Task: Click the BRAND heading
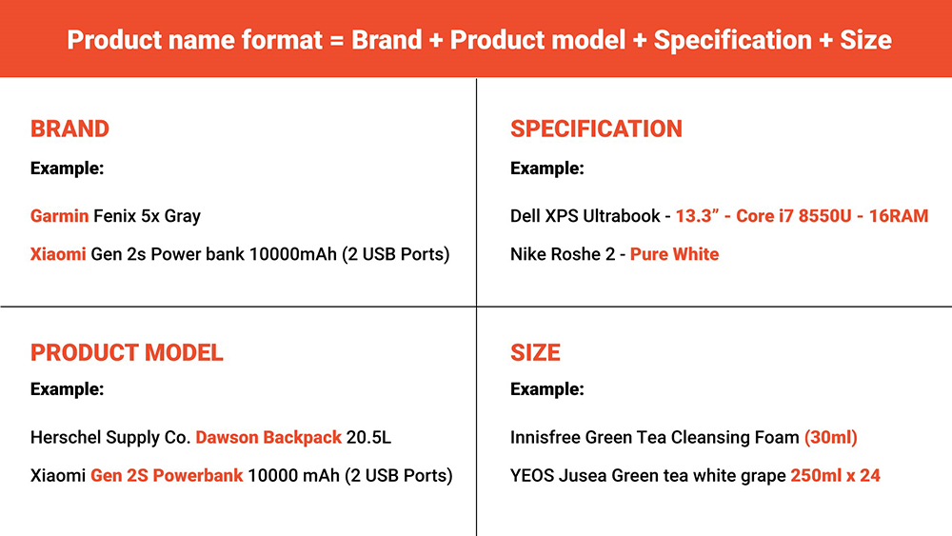tap(69, 129)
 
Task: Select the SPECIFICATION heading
tap(596, 129)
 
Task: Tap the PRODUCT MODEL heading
tap(127, 352)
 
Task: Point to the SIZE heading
tap(535, 352)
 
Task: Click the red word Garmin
tap(59, 216)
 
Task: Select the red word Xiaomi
tap(58, 254)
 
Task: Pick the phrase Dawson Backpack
tap(268, 438)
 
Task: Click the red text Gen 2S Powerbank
tap(167, 475)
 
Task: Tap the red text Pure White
tap(674, 254)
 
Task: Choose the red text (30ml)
tap(830, 438)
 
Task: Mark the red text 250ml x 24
tap(835, 475)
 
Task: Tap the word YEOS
tap(532, 475)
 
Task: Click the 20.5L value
tap(368, 438)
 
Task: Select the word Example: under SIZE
tap(547, 389)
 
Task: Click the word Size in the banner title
tap(865, 40)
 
